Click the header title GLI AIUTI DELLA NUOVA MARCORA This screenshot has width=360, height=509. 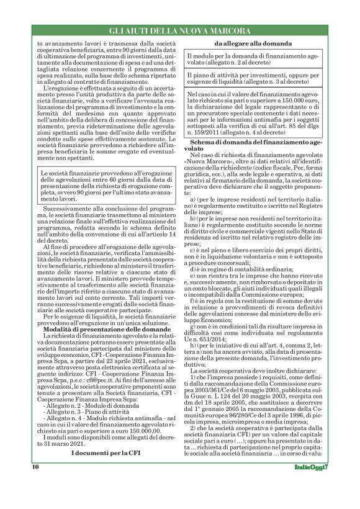[x=179, y=30]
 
